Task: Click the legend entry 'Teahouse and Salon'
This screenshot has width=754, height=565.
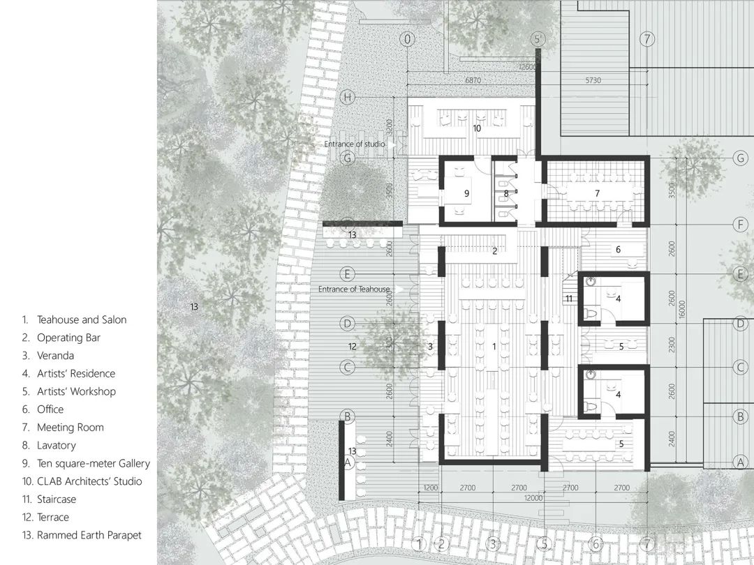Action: pos(81,319)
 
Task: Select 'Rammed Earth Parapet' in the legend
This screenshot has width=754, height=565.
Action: pos(89,535)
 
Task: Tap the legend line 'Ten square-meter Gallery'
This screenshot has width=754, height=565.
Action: pos(93,463)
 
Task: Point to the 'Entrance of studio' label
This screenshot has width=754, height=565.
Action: pos(355,144)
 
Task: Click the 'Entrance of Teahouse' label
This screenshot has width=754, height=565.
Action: pos(354,289)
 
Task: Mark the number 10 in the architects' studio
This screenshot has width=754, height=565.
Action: pos(477,128)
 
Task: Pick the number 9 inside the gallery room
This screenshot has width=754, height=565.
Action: pos(466,192)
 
